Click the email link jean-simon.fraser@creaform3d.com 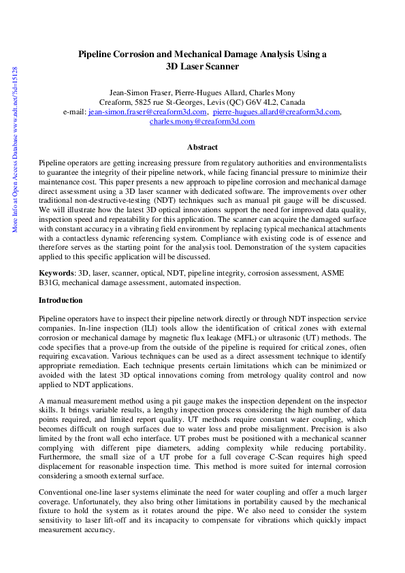click(148, 112)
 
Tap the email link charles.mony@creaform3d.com click(202, 122)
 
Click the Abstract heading click(202, 147)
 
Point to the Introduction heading click(61, 300)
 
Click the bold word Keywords click(56, 273)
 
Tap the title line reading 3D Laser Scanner click(202, 67)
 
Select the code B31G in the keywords click(50, 282)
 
